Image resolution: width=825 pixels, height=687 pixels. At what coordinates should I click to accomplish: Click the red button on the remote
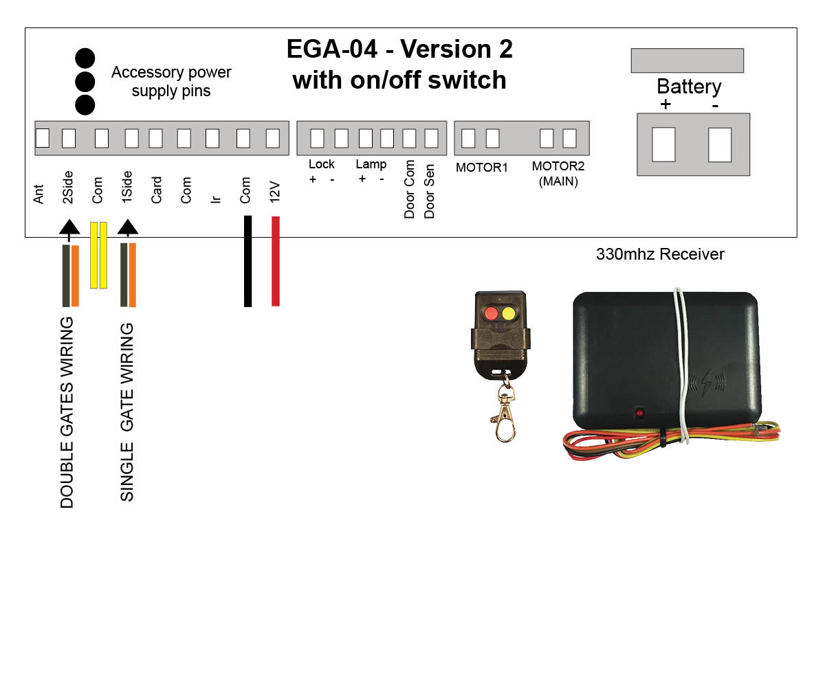tap(491, 314)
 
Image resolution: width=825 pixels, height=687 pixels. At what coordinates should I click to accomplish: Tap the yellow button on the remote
tap(509, 314)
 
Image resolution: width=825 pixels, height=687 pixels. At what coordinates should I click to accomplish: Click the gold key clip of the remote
tap(505, 415)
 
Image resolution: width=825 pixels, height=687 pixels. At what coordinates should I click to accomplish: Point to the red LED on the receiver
tap(639, 414)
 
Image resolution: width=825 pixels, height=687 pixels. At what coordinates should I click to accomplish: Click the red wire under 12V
tap(276, 261)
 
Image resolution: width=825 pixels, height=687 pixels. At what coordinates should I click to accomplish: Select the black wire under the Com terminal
tap(248, 261)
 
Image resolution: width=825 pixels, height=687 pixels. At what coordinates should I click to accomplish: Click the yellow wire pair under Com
tap(99, 255)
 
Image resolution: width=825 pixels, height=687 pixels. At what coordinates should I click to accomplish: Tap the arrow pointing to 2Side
tap(69, 229)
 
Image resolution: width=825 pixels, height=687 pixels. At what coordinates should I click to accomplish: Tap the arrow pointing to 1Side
tap(128, 229)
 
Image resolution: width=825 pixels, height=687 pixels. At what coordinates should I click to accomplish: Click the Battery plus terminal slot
tap(663, 144)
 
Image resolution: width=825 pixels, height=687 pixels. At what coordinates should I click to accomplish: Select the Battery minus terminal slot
tap(720, 144)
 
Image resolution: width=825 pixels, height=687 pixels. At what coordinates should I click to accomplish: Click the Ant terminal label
tap(39, 194)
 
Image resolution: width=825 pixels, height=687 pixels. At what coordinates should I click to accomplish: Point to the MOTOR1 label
tap(481, 168)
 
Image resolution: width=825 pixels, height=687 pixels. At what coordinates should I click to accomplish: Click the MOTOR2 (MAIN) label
tap(558, 174)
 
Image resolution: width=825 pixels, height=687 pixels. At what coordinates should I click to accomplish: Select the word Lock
tap(321, 164)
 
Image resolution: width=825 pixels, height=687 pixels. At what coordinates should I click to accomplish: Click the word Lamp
tap(371, 164)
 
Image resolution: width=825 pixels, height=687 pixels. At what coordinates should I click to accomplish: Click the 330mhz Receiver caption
tap(660, 254)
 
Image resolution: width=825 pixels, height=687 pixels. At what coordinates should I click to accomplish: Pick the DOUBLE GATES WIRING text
tap(67, 412)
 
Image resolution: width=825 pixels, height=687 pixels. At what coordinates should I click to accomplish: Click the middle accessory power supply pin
tap(85, 81)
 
